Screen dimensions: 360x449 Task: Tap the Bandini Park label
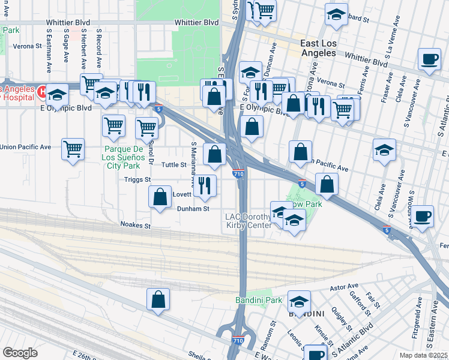click(x=258, y=299)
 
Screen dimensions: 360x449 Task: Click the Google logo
click(x=20, y=352)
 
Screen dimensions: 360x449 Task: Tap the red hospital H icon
click(x=41, y=92)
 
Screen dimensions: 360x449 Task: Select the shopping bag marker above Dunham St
click(x=160, y=197)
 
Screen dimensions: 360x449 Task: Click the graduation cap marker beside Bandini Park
click(x=299, y=301)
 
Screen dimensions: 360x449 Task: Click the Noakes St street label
click(x=135, y=225)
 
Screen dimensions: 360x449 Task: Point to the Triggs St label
click(x=137, y=179)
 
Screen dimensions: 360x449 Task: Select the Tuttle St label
click(x=175, y=164)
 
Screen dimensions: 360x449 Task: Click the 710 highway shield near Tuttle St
click(x=238, y=174)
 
